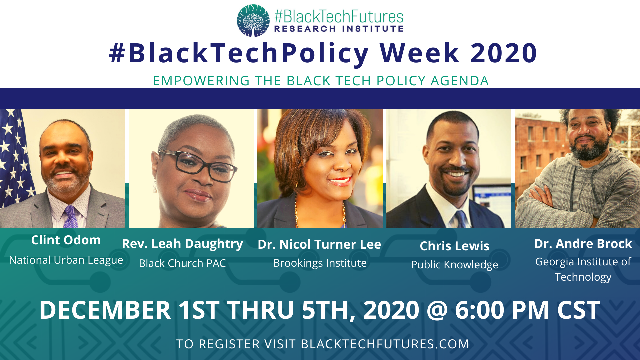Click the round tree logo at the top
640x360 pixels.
253,20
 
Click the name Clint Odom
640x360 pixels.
66,240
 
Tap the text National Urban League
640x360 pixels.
66,260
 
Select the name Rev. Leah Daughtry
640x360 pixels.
182,244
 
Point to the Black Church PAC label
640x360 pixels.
182,263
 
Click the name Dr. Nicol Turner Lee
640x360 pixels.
319,244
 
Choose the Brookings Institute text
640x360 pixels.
320,263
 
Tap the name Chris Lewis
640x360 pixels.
454,246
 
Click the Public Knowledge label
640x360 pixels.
454,265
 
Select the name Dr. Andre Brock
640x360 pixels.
583,244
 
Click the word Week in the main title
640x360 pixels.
420,53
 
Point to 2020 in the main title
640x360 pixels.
504,53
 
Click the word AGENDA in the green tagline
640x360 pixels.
460,81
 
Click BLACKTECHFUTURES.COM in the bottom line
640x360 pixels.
385,344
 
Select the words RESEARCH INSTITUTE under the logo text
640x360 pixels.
339,29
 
